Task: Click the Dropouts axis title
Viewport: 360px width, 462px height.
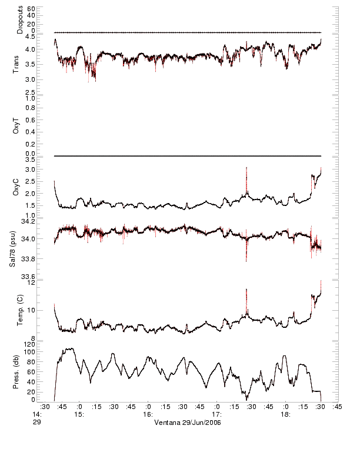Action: point(19,20)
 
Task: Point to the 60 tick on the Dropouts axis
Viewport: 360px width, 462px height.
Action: point(31,9)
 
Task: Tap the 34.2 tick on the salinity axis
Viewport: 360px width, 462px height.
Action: point(28,222)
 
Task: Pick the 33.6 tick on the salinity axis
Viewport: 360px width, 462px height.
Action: point(28,277)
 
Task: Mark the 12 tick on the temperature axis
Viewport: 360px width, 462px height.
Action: point(32,283)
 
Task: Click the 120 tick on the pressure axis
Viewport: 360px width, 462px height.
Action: point(29,344)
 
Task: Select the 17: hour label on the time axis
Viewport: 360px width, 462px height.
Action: point(217,414)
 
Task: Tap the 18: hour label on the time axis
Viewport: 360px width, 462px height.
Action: point(285,414)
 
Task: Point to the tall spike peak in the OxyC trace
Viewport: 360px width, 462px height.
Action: point(246,168)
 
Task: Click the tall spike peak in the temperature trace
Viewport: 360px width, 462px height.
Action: point(246,290)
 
